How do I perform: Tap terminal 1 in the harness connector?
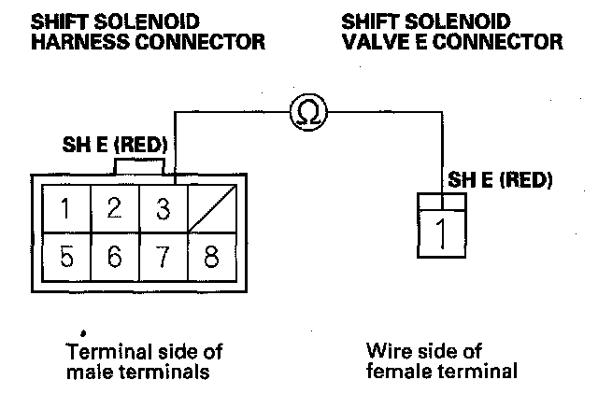pyautogui.click(x=65, y=208)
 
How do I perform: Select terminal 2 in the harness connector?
pyautogui.click(x=114, y=208)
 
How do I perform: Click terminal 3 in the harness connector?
pyautogui.click(x=163, y=208)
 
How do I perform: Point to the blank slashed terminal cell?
pyautogui.click(x=212, y=208)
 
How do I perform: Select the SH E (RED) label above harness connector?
pyautogui.click(x=113, y=146)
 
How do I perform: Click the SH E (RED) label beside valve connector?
pyautogui.click(x=501, y=180)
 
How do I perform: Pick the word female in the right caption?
pyautogui.click(x=396, y=371)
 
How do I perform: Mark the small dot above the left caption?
pyautogui.click(x=84, y=331)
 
